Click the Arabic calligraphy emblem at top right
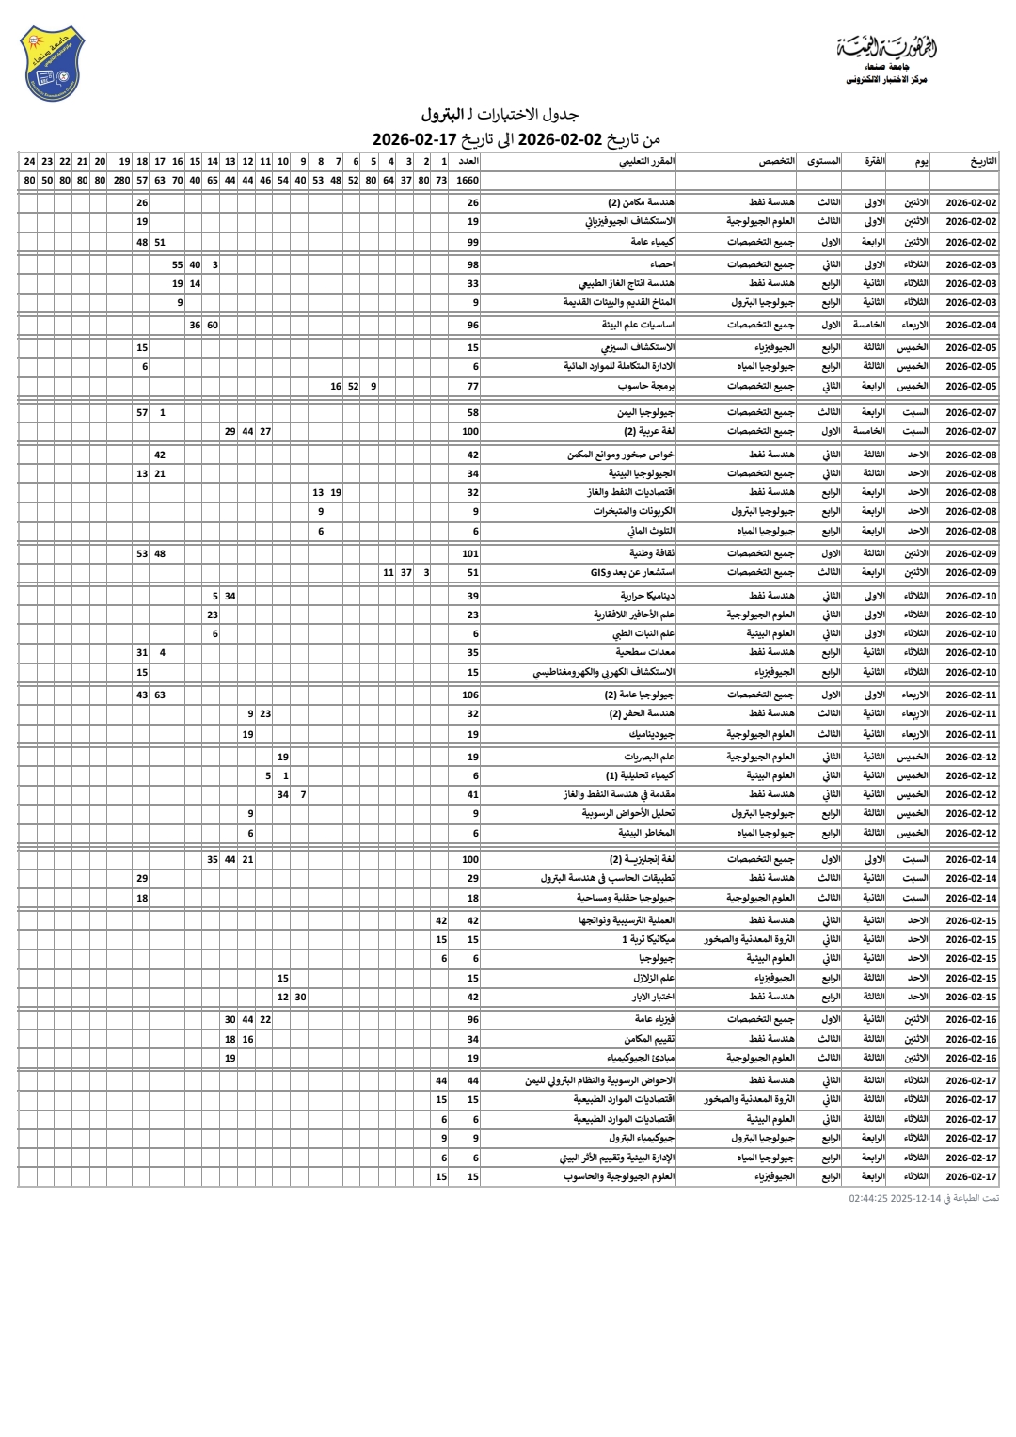[886, 47]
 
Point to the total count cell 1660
[468, 180]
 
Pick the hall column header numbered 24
[29, 161]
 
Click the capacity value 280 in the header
[122, 180]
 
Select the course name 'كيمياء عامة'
[652, 242]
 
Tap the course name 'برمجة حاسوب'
[646, 386]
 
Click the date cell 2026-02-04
[971, 325]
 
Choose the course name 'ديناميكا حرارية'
[647, 596]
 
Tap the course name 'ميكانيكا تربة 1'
[648, 939]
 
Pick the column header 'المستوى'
[824, 161]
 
